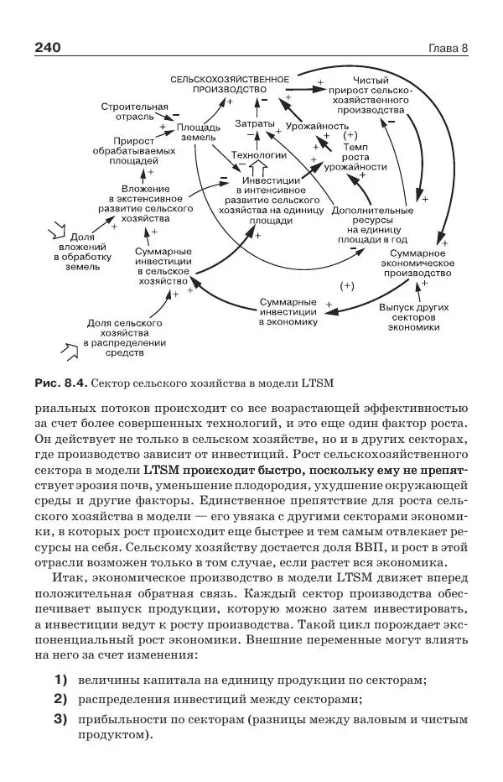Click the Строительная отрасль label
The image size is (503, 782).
point(134,112)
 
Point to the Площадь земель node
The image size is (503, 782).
point(199,131)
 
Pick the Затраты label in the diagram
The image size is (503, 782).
point(254,124)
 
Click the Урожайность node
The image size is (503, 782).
point(317,126)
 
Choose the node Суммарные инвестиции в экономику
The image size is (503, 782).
point(288,310)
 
